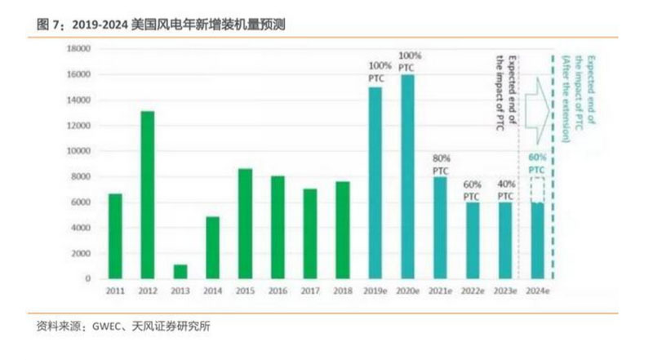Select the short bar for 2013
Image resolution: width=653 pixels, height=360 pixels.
coord(180,271)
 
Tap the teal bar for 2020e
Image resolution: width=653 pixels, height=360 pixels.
coord(406,176)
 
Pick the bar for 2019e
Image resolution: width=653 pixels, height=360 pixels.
coord(375,183)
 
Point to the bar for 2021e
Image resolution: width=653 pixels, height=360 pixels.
coord(440,228)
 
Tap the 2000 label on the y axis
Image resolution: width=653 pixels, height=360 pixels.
coord(81,253)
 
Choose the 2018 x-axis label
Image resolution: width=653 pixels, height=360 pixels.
coord(342,291)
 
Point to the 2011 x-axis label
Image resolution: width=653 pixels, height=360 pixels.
coord(114,291)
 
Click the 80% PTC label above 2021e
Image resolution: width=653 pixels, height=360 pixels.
coord(440,164)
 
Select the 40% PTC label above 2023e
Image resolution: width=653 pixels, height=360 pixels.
coord(505,190)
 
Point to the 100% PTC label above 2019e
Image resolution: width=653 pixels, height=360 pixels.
coord(376,70)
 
